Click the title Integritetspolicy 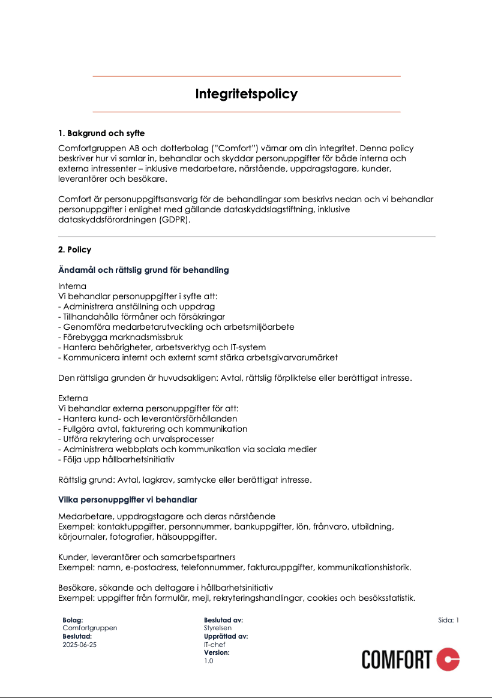pos(246,94)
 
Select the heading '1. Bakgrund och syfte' pos(101,133)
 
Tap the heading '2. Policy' pos(75,249)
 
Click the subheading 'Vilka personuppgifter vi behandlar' pos(128,500)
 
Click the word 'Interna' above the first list pos(72,286)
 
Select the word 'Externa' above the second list pos(73,398)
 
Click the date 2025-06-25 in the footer pos(79,645)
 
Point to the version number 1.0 pos(208,661)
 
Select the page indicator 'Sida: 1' pos(448,621)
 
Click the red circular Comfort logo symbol pos(448,660)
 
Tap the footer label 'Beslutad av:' pos(223,621)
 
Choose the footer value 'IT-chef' pos(215,645)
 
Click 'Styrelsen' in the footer pos(218,628)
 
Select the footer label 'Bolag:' pos(73,621)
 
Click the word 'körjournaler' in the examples pos(82,537)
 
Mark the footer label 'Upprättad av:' pos(226,637)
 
